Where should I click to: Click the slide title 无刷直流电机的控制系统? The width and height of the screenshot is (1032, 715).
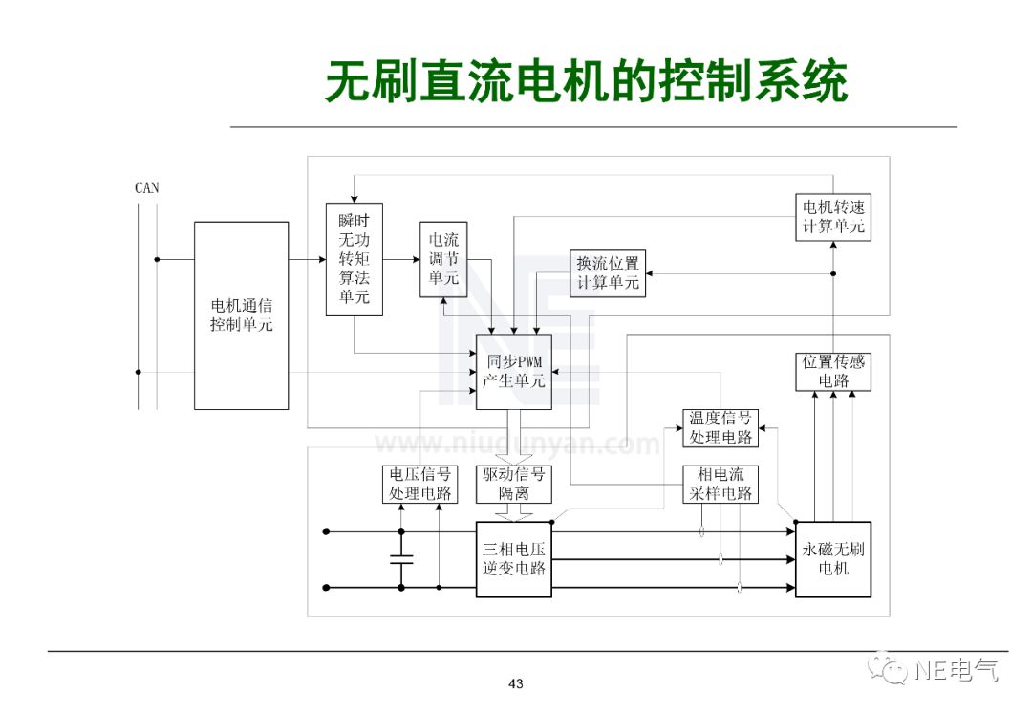(586, 81)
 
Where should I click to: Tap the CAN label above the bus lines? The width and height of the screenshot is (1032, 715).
(147, 188)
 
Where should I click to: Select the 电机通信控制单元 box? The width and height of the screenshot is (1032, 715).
(241, 315)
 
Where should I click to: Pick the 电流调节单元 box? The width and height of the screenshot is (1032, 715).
(443, 259)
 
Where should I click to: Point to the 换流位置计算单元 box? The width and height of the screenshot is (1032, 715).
(607, 272)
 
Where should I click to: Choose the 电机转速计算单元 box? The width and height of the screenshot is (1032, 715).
(833, 217)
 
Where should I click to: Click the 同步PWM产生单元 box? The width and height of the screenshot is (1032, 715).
(515, 371)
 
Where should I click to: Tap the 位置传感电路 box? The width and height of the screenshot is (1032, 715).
(833, 371)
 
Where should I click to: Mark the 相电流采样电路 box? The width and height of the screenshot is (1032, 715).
(720, 485)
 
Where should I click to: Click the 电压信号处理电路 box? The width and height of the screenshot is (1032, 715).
(419, 485)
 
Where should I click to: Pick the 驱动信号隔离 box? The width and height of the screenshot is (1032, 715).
(514, 485)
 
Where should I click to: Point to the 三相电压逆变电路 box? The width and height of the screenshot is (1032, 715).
(514, 559)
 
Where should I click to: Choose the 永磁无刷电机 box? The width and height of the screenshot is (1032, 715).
(833, 559)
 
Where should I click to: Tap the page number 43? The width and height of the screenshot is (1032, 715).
(516, 683)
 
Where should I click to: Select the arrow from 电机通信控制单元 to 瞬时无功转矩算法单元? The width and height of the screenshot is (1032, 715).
(307, 259)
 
